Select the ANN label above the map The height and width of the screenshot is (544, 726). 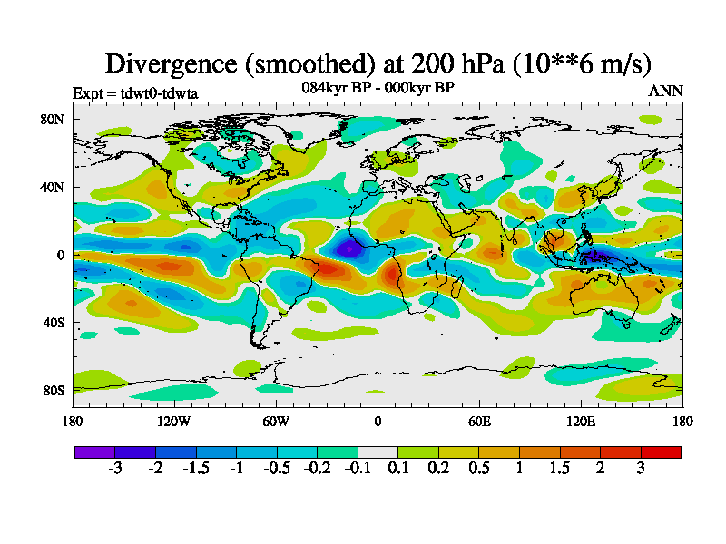(x=665, y=92)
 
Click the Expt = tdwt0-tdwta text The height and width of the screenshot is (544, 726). (x=135, y=93)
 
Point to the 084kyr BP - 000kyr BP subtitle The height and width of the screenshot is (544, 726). (x=378, y=88)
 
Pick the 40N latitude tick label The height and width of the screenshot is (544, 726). (x=51, y=187)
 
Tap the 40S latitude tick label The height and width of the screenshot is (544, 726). (x=52, y=322)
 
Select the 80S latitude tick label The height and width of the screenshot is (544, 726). (x=52, y=390)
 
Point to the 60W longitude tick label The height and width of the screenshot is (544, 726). (x=276, y=421)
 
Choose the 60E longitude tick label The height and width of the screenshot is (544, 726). (x=479, y=421)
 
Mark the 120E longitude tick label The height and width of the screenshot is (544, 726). (x=581, y=421)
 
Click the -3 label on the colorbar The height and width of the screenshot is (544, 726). (x=115, y=468)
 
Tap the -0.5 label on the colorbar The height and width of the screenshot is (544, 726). (x=277, y=468)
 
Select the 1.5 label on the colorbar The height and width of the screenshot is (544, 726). (x=560, y=468)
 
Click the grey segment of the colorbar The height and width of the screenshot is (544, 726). (x=378, y=452)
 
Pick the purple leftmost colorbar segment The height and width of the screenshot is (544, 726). (x=94, y=452)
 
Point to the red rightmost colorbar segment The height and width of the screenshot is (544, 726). (x=661, y=452)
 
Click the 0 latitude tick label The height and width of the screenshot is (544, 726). (x=59, y=255)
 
